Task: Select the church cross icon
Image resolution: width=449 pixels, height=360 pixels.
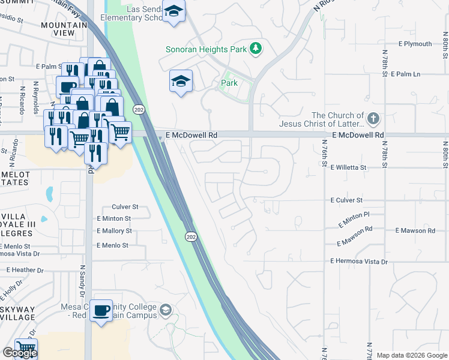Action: (x=374, y=119)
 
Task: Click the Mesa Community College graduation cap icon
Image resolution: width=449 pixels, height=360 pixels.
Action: (x=166, y=310)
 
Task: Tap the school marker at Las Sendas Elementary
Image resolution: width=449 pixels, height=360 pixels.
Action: (x=174, y=11)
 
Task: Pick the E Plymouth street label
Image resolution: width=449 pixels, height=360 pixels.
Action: (x=415, y=44)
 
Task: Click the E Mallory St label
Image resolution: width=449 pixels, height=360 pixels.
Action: (x=114, y=231)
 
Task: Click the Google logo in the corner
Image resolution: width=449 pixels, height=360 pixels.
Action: (x=19, y=353)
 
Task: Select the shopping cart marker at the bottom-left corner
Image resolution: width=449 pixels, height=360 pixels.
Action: (x=25, y=348)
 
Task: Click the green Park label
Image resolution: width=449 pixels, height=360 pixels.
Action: (x=229, y=83)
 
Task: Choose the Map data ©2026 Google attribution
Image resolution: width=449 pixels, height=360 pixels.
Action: (x=411, y=355)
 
